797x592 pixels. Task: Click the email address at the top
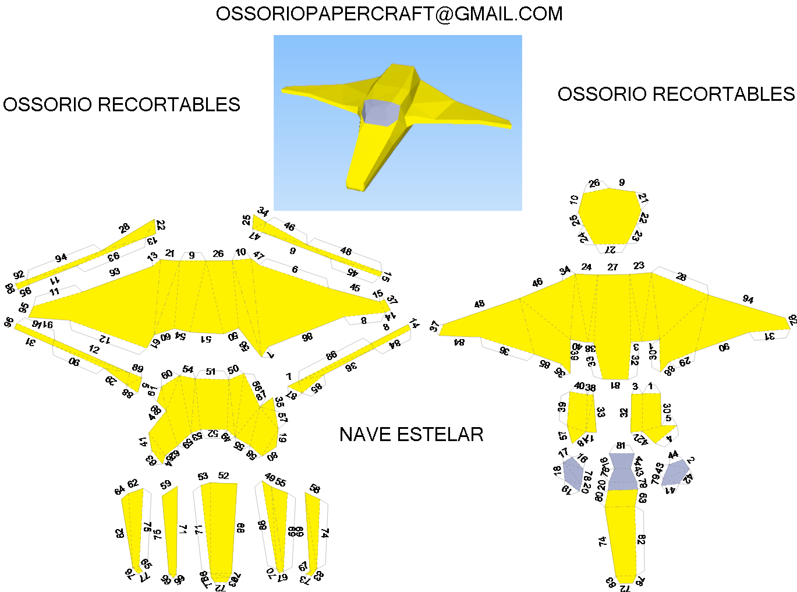tap(389, 14)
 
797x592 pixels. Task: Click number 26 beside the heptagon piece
tap(594, 184)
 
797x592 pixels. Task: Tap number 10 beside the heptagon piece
tap(575, 200)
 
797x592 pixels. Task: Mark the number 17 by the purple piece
tap(563, 453)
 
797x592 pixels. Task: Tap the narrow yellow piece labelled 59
tap(171, 530)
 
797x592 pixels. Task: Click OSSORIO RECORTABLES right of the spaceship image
tap(676, 94)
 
